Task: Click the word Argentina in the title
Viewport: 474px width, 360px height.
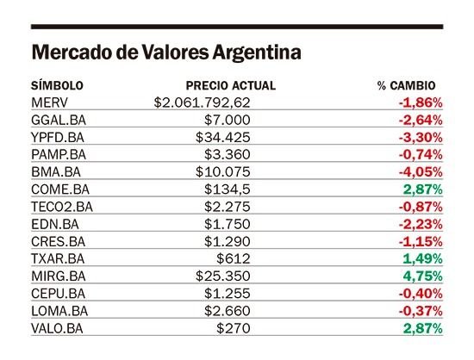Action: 257,53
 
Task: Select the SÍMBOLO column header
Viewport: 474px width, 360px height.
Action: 57,85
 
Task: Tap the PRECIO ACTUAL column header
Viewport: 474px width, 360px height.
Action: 231,86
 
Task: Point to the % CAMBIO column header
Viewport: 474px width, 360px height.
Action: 406,86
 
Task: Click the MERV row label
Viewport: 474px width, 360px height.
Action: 50,102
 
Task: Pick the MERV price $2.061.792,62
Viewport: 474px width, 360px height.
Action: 202,103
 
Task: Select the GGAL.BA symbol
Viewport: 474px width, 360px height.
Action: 59,121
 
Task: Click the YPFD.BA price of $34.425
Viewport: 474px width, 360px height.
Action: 223,138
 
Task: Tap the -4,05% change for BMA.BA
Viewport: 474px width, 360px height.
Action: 421,172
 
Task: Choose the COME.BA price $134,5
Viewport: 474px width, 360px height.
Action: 228,189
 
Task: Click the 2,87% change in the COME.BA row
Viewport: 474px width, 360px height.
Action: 422,189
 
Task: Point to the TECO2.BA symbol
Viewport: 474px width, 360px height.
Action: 62,207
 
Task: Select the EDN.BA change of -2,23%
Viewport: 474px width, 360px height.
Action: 421,225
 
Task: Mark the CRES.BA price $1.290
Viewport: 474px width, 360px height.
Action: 228,242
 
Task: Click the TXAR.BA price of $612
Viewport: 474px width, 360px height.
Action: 234,259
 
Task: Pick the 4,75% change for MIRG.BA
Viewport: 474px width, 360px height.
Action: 422,276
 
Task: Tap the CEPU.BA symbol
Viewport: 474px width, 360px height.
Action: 58,294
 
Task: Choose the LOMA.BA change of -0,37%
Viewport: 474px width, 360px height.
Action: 421,311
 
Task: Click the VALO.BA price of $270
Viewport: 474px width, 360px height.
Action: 234,328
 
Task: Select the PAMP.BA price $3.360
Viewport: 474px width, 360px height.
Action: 228,155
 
